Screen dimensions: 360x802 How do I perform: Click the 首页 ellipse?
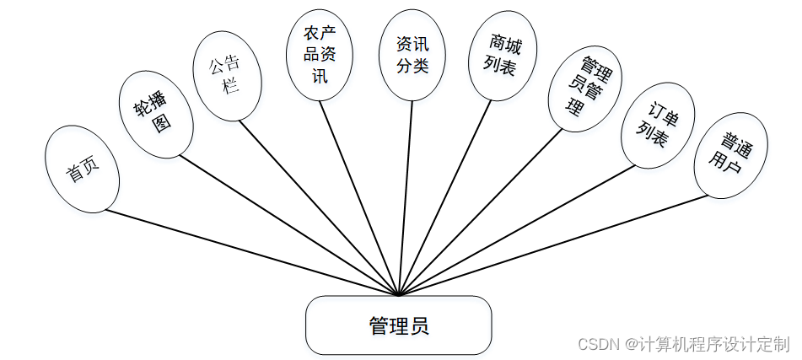click(x=82, y=169)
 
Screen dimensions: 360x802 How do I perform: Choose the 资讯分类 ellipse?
click(x=412, y=54)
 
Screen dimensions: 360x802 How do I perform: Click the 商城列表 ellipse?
click(x=503, y=56)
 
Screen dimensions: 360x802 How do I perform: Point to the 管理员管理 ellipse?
click(x=584, y=87)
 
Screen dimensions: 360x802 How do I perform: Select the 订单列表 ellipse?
click(x=656, y=125)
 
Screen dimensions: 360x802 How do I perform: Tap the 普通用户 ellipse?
click(x=730, y=154)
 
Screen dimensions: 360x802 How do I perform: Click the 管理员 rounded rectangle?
click(x=398, y=325)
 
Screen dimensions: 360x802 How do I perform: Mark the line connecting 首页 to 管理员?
click(x=250, y=252)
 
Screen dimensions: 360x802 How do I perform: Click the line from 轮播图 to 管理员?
click(x=288, y=226)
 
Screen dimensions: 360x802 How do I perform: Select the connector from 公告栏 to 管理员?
click(x=318, y=207)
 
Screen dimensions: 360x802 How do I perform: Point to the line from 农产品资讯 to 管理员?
click(x=358, y=197)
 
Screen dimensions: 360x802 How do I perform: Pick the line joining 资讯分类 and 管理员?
click(x=405, y=197)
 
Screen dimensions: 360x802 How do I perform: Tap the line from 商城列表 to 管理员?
click(x=444, y=197)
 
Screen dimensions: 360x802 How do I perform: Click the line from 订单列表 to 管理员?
click(x=516, y=228)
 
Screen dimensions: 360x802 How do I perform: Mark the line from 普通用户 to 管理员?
click(x=552, y=245)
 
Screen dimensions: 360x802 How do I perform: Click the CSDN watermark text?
click(x=683, y=344)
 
